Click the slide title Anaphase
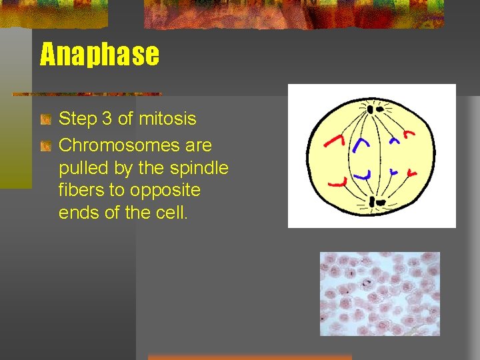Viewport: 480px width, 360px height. point(100,55)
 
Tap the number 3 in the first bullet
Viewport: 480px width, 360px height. point(105,119)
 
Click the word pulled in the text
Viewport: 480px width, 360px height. point(81,168)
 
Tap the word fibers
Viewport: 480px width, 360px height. point(81,191)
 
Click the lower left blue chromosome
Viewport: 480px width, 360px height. point(363,174)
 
